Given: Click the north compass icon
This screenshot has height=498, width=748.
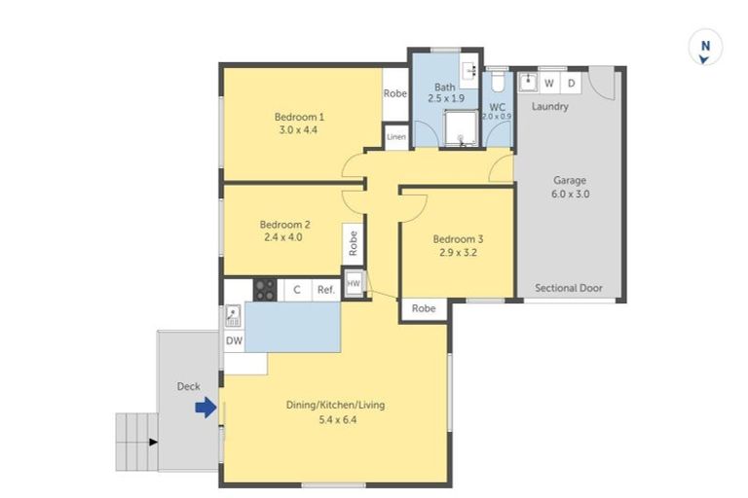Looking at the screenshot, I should tap(705, 48).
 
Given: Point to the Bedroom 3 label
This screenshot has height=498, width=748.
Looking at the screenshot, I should tap(457, 239).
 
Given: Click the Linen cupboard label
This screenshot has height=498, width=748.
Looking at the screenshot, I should tap(395, 137).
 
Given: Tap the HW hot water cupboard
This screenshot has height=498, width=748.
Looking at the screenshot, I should tap(354, 284).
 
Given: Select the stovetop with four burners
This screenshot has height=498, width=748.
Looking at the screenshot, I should tap(265, 289).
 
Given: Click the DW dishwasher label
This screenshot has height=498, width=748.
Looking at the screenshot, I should tap(234, 340).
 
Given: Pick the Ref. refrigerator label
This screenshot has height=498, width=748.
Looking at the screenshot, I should tap(324, 290).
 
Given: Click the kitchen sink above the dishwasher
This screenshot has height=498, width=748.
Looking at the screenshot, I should tap(234, 315).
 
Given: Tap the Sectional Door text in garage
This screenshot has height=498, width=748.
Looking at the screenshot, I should tap(570, 288).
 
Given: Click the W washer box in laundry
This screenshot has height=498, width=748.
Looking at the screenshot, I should tap(549, 84).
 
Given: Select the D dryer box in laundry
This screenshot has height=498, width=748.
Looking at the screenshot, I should tap(571, 84).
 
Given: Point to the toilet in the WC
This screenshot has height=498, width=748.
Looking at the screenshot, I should tap(497, 79).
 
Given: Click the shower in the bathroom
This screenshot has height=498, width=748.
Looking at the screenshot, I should tap(464, 127).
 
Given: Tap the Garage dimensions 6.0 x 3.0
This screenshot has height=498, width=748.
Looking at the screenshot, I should tap(571, 194).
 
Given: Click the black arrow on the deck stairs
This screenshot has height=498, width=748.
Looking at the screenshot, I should tap(151, 443).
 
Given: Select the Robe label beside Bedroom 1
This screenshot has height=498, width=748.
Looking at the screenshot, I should tap(394, 94).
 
